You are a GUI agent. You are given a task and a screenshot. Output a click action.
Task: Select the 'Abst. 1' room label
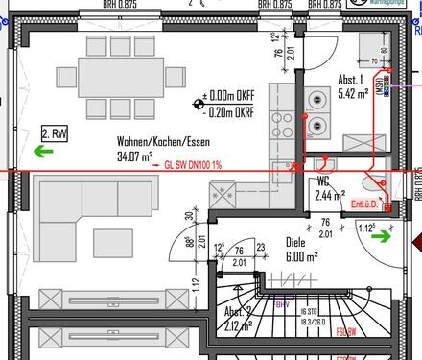coord(350,81)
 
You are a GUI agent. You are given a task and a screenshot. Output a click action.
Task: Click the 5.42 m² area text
coord(353,95)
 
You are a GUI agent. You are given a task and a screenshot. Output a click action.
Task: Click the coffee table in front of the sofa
coord(113,242)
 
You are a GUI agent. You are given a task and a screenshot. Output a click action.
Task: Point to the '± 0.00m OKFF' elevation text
coord(230,97)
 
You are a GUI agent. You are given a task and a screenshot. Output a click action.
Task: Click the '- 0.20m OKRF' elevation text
coord(230,110)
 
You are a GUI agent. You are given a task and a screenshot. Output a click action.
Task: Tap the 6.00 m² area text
coord(300,256)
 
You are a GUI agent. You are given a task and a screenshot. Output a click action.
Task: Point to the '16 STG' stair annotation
coord(309,313)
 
